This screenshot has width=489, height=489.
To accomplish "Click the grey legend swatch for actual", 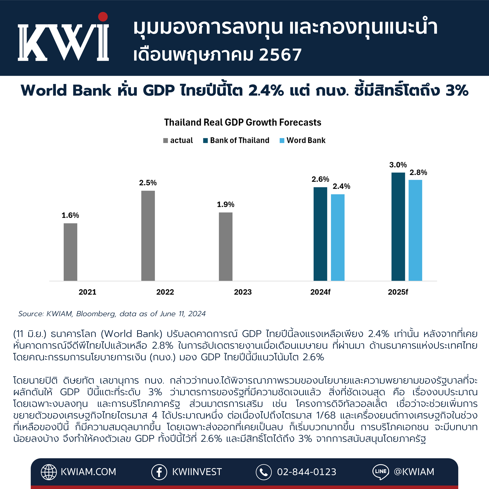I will (166, 140).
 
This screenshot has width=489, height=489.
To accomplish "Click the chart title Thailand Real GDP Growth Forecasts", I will (242, 122).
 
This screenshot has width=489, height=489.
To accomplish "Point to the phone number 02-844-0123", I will (307, 472).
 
